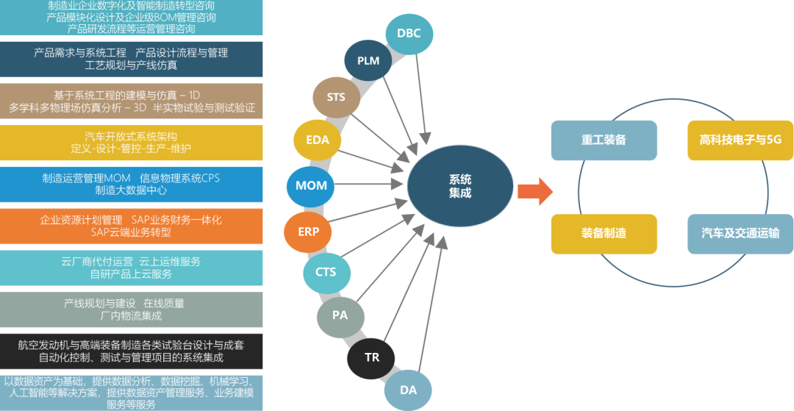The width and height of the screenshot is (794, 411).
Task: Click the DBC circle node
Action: [409, 33]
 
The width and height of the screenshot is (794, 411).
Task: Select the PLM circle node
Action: [368, 60]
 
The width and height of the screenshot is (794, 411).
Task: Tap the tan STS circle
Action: [335, 98]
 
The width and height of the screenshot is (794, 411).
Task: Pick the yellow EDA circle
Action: [318, 140]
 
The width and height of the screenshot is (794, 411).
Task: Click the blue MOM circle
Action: [311, 185]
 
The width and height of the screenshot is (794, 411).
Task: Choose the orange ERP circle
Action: [309, 231]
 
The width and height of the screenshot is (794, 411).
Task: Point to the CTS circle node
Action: [326, 272]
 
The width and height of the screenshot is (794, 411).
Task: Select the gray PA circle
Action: [340, 315]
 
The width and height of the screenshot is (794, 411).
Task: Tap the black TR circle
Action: [372, 357]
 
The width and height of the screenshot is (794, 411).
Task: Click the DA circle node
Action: [409, 390]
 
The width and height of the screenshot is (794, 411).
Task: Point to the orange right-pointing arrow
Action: [534, 192]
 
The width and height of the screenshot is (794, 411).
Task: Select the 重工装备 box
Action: [604, 140]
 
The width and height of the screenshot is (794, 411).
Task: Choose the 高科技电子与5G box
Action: [740, 140]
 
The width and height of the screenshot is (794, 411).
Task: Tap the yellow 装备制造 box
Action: [604, 233]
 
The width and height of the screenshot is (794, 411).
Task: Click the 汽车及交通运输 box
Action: [740, 233]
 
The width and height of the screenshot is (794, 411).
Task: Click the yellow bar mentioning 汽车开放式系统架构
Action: [132, 143]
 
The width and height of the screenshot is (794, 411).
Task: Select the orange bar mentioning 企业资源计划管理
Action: [132, 226]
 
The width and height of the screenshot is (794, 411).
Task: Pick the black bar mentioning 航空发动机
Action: [132, 351]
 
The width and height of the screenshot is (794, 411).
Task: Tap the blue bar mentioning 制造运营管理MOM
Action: [132, 184]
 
